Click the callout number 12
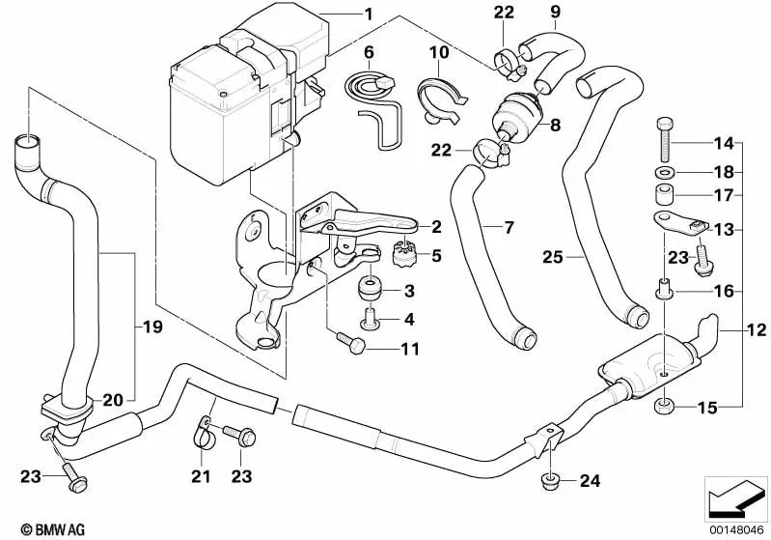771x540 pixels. pos(757,330)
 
